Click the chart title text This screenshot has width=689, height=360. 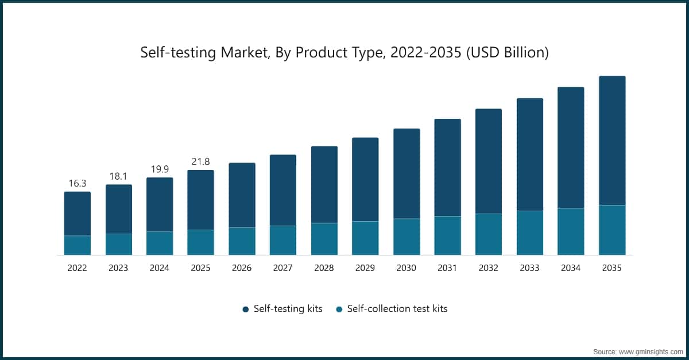coord(344,53)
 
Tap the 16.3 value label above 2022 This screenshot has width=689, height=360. coord(77,183)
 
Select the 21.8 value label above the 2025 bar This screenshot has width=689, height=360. coord(200,161)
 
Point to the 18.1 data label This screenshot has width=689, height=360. coord(118,176)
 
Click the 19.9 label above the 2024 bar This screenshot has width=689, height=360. coord(159,169)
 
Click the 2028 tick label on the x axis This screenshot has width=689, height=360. coord(324,268)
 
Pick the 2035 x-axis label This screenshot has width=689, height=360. coord(611,268)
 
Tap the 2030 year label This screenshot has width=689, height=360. coord(406,268)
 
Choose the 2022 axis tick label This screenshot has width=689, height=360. coord(77,268)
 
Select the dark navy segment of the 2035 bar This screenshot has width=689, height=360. coord(611,141)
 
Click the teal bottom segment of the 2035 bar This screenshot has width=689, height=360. coord(611,230)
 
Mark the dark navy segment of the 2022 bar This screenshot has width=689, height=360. coord(77,214)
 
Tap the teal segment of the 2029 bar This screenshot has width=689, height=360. coord(365,238)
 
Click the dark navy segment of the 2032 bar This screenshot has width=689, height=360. coord(488,161)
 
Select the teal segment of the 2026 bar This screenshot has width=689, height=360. coord(242,241)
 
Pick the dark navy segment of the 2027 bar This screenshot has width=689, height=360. coord(283,190)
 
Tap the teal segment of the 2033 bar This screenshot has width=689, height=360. coord(529,233)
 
